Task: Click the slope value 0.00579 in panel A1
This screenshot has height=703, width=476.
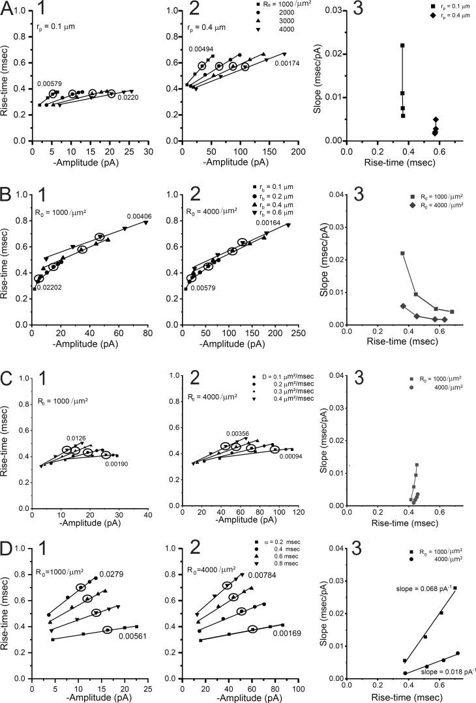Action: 50,84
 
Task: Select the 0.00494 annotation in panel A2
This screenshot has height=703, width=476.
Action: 201,50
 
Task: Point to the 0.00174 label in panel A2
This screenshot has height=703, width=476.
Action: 286,63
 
